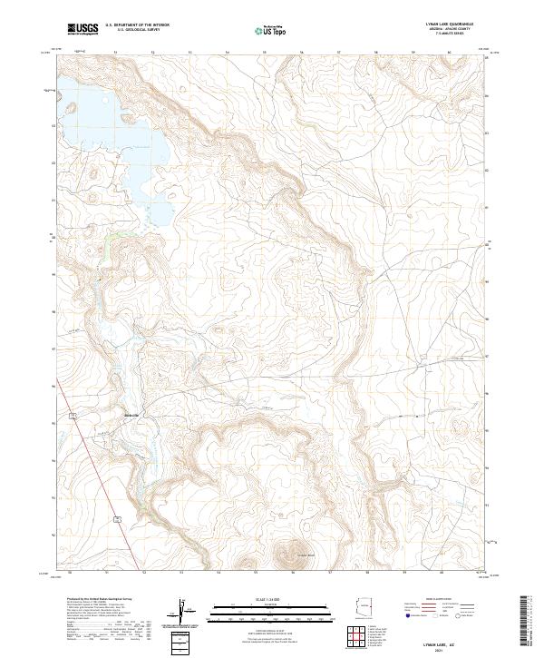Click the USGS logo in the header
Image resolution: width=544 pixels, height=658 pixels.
point(83,29)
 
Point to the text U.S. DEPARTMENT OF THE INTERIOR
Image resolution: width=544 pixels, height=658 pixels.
point(137,25)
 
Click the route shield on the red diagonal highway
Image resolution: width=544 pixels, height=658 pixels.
point(118,516)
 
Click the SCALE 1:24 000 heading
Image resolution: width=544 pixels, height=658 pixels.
point(271,600)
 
